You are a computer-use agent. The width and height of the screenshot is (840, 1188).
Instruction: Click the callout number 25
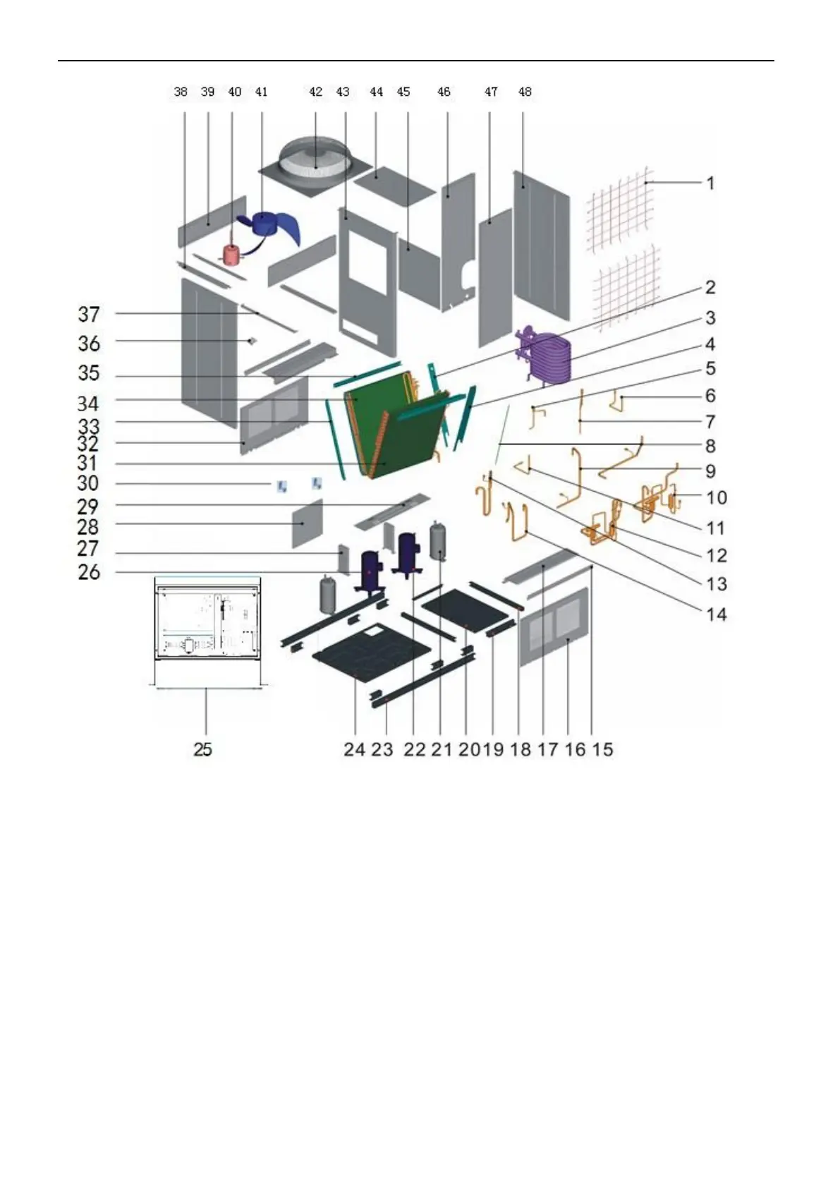click(x=202, y=749)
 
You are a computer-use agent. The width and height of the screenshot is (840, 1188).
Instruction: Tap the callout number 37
click(x=89, y=314)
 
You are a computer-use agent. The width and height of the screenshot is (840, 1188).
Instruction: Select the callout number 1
click(x=711, y=183)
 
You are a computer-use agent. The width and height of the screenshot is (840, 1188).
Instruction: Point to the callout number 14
click(x=716, y=614)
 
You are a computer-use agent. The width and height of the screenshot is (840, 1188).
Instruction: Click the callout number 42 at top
click(x=315, y=92)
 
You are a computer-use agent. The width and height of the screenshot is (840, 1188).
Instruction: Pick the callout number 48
click(x=525, y=92)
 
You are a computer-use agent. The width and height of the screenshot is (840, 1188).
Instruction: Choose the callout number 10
click(x=716, y=497)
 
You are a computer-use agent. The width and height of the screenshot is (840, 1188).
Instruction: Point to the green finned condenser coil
click(x=395, y=430)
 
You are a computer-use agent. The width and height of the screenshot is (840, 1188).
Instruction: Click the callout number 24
click(x=354, y=749)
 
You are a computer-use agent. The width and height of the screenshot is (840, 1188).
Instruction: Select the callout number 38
click(x=181, y=92)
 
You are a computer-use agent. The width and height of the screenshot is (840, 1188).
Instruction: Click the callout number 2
click(x=710, y=287)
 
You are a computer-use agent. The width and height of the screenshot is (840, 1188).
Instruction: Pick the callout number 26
click(x=89, y=571)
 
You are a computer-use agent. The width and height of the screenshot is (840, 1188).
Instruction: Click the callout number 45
click(x=403, y=92)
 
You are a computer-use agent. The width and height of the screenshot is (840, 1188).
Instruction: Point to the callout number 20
click(x=467, y=749)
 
